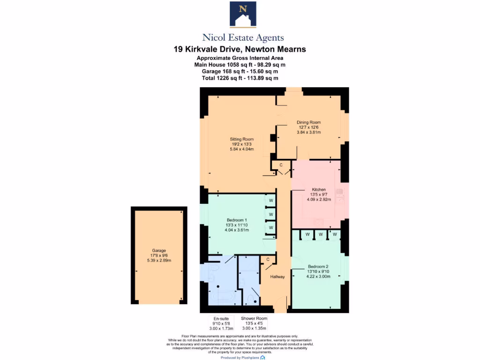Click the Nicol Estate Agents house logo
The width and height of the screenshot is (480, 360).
(243, 15)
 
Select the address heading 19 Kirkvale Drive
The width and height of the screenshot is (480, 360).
(240, 49)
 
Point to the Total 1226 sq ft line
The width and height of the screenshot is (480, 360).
(240, 78)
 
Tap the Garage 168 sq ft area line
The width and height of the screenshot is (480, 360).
(240, 72)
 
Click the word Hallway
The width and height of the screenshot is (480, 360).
(277, 277)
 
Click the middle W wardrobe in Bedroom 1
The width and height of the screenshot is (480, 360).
(271, 215)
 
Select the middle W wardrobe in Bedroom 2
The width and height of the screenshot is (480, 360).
(321, 234)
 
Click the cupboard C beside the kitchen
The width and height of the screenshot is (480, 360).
(281, 165)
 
